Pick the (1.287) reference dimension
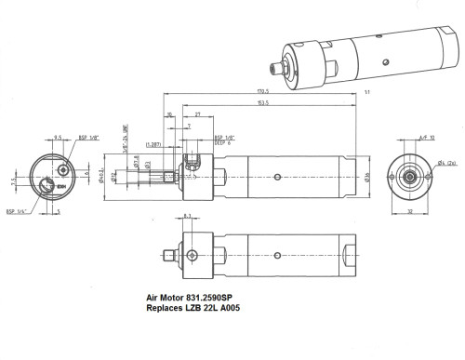[154, 144]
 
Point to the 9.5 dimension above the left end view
[58, 136]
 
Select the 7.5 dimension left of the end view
[12, 181]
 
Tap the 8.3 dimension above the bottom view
[188, 216]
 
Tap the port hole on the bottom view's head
[193, 255]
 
